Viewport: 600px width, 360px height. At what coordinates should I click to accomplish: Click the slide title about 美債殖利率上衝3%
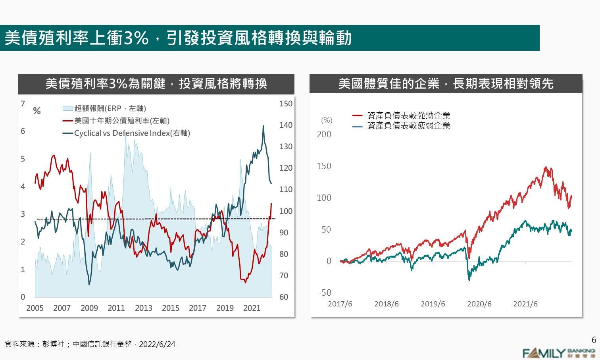(x=178, y=38)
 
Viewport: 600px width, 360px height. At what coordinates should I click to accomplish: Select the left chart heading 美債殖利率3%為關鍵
(x=156, y=84)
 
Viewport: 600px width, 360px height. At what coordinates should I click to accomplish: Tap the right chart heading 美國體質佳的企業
(x=446, y=84)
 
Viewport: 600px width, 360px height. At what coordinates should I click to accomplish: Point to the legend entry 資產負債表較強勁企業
(x=408, y=116)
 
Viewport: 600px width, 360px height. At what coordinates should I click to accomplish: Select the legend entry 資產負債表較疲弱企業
(x=408, y=125)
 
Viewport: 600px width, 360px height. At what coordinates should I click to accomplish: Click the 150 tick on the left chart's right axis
(x=286, y=104)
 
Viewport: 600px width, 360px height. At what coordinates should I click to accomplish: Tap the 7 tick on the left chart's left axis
(x=23, y=104)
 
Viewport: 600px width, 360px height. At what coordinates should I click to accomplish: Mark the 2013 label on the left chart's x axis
(x=143, y=308)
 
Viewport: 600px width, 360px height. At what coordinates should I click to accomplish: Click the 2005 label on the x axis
(x=35, y=308)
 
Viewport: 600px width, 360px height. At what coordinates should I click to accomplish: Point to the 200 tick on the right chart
(x=324, y=135)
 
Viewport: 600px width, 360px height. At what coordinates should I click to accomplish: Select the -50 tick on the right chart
(x=325, y=293)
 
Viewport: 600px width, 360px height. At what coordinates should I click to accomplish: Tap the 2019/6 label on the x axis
(x=433, y=304)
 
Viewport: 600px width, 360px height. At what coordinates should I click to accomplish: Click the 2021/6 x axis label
(x=525, y=304)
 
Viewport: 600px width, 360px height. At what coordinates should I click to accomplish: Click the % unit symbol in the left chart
(x=37, y=111)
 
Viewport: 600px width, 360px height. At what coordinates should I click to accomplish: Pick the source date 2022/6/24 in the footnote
(x=157, y=344)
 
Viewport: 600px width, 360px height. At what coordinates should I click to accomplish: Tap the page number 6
(x=594, y=340)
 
